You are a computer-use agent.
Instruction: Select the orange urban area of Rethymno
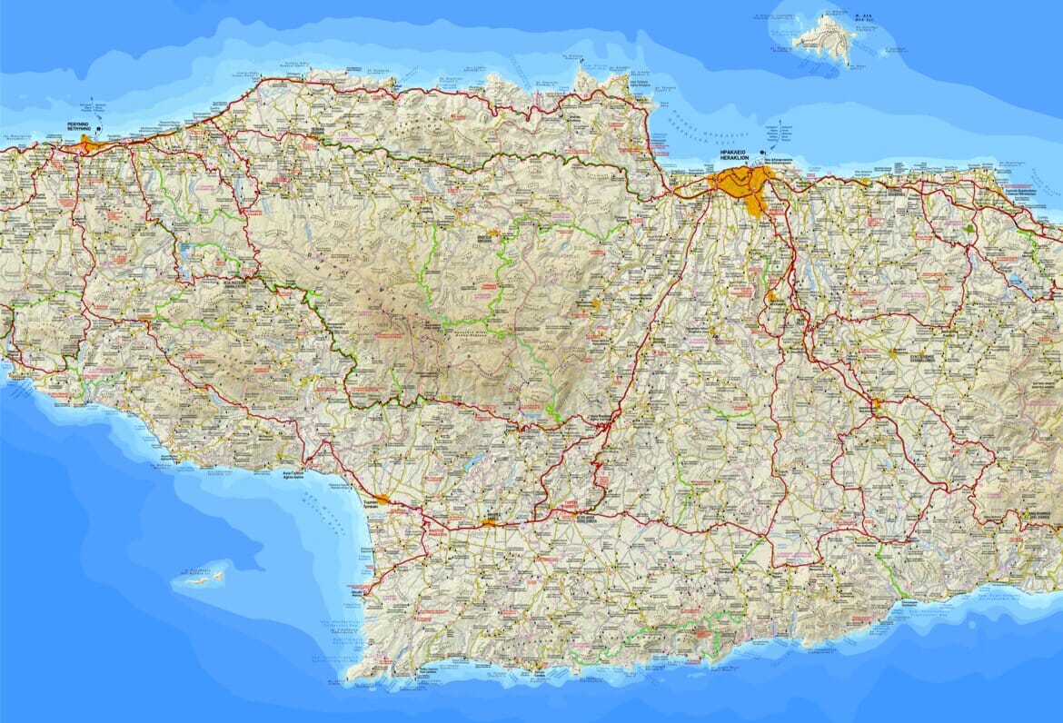(x=88, y=144)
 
